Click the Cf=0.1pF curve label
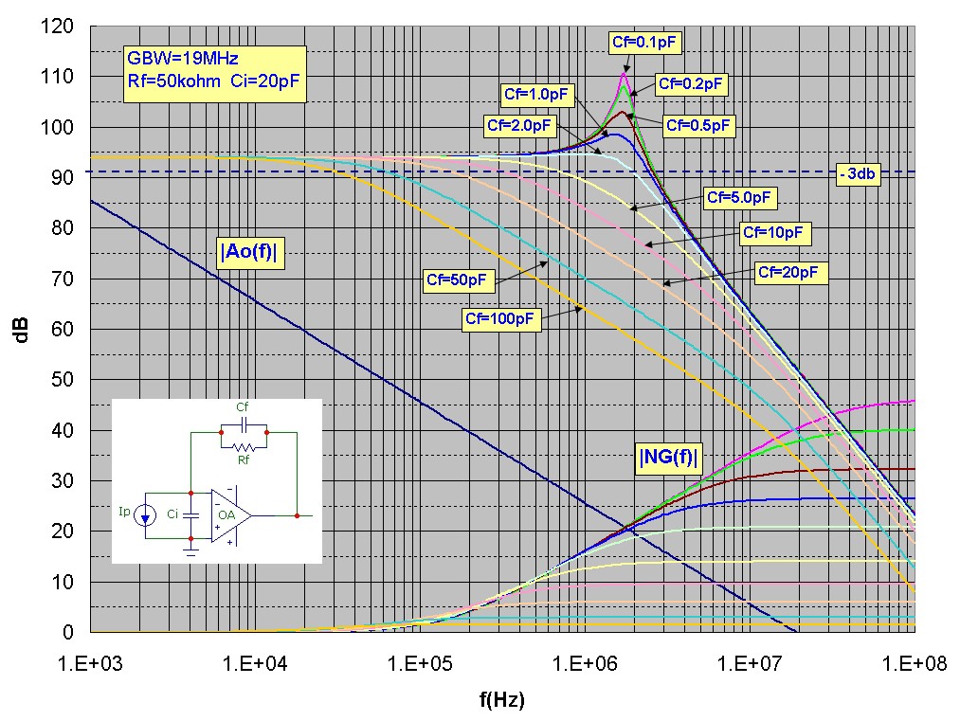tap(645, 41)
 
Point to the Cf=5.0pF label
tap(741, 198)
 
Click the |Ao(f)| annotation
tap(251, 254)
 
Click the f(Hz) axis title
tap(501, 700)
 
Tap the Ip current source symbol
tap(145, 515)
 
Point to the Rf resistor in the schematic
tap(244, 446)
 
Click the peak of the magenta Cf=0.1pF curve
tap(625, 74)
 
